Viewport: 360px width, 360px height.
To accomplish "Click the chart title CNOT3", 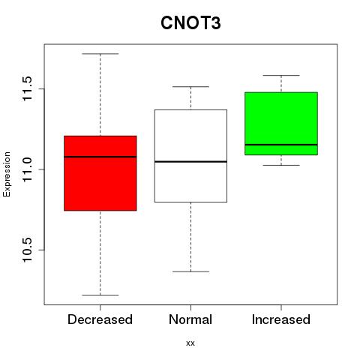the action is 190,23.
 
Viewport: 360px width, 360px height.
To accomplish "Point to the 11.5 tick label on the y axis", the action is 28,88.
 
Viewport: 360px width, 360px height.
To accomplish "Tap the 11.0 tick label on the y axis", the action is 28,169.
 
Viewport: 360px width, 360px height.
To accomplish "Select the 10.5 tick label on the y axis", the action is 28,250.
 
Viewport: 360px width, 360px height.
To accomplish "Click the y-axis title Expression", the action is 7,174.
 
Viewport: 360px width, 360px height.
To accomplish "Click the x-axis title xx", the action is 190,343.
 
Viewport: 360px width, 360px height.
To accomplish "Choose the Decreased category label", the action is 100,319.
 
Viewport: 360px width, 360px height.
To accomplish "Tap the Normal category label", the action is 190,319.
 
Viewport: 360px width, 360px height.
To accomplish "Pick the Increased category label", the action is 281,319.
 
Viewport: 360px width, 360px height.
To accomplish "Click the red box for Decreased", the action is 100,173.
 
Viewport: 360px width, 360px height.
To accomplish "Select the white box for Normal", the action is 190,156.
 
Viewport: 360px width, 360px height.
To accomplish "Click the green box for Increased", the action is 281,124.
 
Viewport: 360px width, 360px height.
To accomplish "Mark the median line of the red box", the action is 100,157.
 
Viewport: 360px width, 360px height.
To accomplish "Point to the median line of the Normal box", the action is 190,162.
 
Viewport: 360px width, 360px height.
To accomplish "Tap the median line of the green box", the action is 281,145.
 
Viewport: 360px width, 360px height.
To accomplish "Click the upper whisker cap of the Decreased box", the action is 100,54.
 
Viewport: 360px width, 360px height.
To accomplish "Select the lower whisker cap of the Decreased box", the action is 100,295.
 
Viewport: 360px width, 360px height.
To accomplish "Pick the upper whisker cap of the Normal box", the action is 190,87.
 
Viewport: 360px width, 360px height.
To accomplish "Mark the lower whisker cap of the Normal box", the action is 190,271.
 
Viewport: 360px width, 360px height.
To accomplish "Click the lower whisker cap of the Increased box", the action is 281,165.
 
